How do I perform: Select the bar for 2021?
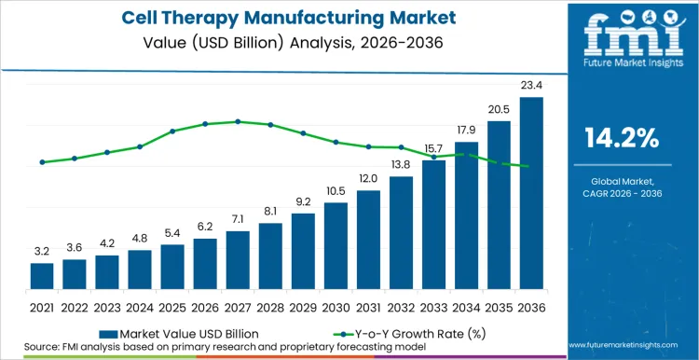pyautogui.click(x=42, y=276)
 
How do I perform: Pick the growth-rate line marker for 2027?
pyautogui.click(x=238, y=121)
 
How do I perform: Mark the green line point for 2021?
pyautogui.click(x=42, y=162)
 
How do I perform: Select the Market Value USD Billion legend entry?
pyautogui.click(x=177, y=333)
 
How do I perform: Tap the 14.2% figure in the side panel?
pyautogui.click(x=622, y=139)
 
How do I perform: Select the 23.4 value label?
pyautogui.click(x=531, y=86)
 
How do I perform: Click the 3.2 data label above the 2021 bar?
pyautogui.click(x=42, y=251)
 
